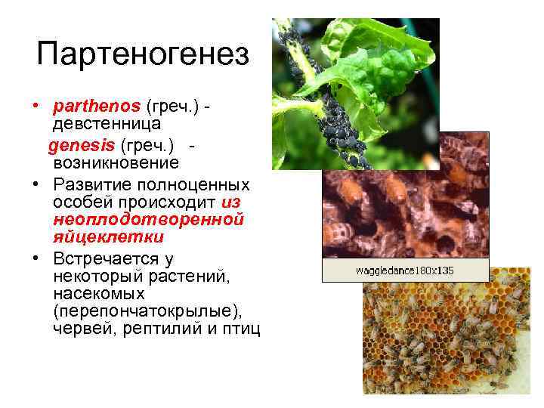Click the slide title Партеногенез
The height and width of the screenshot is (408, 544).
click(142, 55)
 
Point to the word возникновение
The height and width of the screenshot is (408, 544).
click(116, 162)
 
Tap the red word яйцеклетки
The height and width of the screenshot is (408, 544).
click(109, 237)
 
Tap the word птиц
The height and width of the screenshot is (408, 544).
click(240, 329)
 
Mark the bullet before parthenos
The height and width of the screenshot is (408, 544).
click(36, 104)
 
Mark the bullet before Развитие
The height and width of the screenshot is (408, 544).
click(36, 185)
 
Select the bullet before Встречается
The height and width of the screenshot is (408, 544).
click(36, 259)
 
